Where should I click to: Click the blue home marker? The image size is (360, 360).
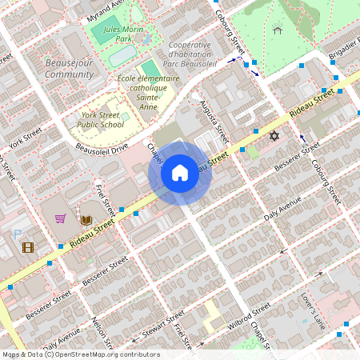[180, 173]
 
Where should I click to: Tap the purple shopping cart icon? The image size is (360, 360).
[60, 218]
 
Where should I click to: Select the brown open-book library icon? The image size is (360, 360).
[86, 218]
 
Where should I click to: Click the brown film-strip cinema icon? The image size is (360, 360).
[28, 247]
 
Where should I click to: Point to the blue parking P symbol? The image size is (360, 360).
[18, 234]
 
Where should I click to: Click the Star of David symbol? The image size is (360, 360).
[274, 137]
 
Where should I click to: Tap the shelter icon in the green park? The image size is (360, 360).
[278, 30]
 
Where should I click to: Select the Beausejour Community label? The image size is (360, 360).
[69, 67]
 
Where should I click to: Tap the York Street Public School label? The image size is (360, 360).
[102, 119]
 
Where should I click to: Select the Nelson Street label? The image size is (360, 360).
[100, 330]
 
